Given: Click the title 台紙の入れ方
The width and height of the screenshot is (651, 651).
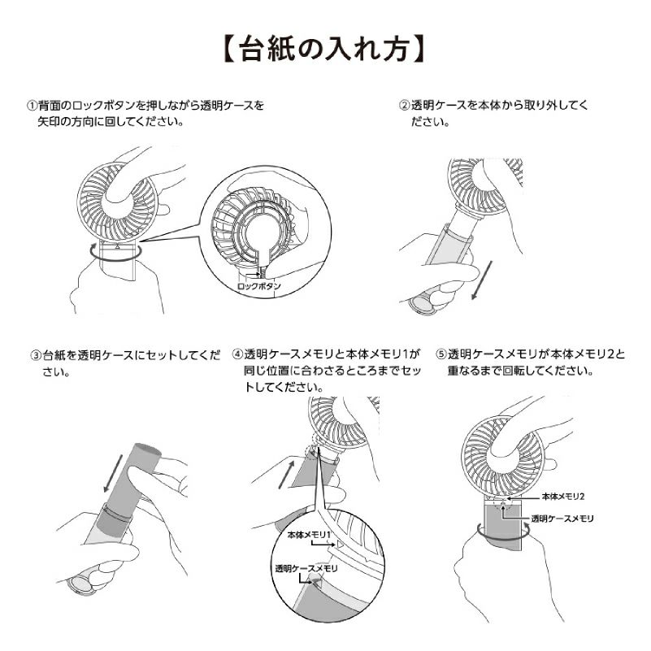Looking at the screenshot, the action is click(x=325, y=49).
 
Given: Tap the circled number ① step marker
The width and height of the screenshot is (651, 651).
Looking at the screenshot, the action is click(x=33, y=106).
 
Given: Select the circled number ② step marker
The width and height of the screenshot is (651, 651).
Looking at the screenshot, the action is click(x=405, y=106).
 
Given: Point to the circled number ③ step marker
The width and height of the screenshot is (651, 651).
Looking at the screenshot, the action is click(x=36, y=355).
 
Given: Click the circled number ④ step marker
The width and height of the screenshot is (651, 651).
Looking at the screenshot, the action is click(x=237, y=354).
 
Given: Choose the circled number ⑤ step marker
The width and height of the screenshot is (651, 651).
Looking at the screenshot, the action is click(x=441, y=354).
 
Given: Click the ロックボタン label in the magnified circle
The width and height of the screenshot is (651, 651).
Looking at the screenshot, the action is click(x=259, y=286).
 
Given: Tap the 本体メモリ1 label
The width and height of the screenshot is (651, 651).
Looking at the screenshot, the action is click(x=310, y=535).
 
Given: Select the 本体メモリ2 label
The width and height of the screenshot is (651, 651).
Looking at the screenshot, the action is click(x=563, y=497).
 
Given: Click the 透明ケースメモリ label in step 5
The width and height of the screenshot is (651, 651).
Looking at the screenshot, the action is click(x=562, y=519).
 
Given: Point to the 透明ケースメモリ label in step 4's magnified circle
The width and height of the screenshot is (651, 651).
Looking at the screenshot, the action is click(x=306, y=568).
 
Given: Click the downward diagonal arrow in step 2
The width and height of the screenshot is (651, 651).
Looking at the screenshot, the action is click(x=482, y=280).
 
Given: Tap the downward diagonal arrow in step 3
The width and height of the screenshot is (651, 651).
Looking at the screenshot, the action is click(x=113, y=473).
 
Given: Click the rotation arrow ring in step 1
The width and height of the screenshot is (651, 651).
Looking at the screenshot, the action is click(x=116, y=259).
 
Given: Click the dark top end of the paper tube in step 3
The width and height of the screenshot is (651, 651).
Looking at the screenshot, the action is click(x=146, y=449).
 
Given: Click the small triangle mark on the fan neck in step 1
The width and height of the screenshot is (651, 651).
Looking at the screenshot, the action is click(x=118, y=246).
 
